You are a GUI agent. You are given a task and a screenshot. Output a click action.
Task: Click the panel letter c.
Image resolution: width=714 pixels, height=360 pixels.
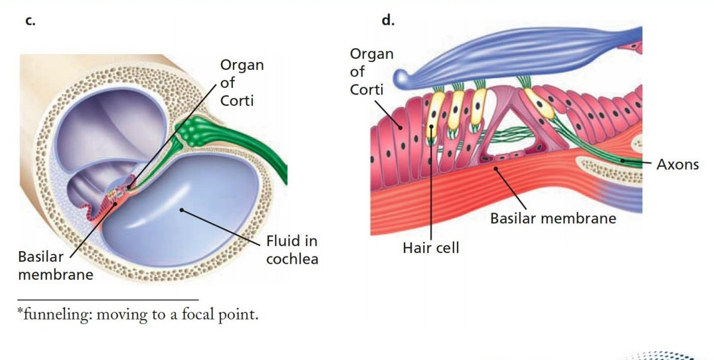[x=30, y=21]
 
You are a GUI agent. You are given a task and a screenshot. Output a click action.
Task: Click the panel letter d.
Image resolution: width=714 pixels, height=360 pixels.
[x=388, y=20]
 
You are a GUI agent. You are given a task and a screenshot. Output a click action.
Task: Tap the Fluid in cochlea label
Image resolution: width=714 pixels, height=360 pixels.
[x=292, y=249]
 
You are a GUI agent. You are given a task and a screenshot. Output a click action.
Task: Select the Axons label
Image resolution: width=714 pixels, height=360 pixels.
[x=677, y=164]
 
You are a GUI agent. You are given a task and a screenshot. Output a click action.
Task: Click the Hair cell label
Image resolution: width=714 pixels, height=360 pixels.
[x=431, y=247]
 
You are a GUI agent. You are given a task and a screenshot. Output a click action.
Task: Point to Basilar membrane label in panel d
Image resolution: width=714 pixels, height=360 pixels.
[x=553, y=218]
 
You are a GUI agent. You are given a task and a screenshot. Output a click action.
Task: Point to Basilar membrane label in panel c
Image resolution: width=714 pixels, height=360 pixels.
[x=55, y=265]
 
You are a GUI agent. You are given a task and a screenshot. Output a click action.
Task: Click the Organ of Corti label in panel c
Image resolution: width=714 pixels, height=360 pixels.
[x=242, y=82]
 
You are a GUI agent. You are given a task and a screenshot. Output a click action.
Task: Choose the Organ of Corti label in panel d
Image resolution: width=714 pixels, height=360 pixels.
[x=371, y=72]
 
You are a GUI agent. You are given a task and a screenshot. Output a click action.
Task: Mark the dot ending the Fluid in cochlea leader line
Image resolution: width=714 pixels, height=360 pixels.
[x=181, y=210]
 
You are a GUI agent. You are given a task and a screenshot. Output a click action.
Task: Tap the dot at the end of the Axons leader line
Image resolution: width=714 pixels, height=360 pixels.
[x=622, y=161]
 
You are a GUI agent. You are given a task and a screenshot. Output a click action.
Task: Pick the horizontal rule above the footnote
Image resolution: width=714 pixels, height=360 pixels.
[x=108, y=300]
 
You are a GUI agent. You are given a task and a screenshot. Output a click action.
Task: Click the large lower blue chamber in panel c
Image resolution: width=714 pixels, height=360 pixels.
[x=182, y=209]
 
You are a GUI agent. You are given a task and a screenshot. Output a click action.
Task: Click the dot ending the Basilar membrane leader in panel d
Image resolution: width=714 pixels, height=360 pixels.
[x=496, y=169]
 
